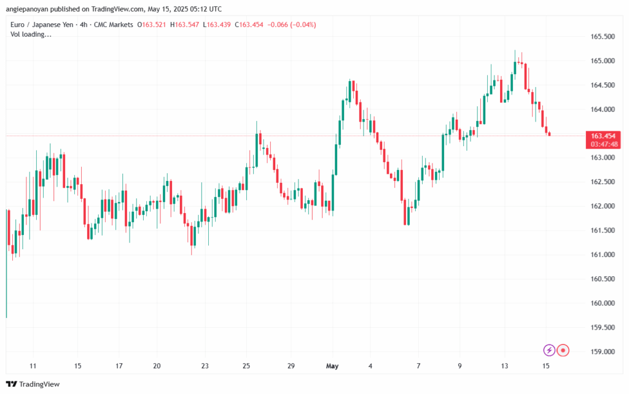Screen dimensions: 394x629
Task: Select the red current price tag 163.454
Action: (x=603, y=136)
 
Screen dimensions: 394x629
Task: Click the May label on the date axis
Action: (x=332, y=366)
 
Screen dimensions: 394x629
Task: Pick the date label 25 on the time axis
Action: (x=246, y=366)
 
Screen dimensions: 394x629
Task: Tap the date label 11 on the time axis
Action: (x=33, y=366)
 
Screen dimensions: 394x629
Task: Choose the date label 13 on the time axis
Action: (x=505, y=366)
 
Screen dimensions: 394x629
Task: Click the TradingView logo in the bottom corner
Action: (x=34, y=384)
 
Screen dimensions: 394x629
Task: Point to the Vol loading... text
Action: (x=31, y=34)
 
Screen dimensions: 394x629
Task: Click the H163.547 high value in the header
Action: (x=190, y=25)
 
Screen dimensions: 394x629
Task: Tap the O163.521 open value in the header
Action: (x=155, y=25)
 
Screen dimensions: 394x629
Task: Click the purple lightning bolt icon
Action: (x=549, y=350)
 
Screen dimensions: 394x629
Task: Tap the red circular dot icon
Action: (x=563, y=350)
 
